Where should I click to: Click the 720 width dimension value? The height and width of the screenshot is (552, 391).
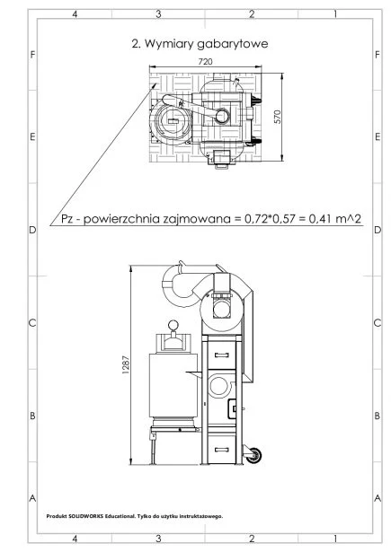coord(205,62)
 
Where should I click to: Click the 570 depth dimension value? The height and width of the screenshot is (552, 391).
coord(278,117)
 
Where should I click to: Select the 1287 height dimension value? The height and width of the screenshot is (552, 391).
coord(126,365)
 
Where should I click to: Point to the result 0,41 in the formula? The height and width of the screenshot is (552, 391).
coord(321,219)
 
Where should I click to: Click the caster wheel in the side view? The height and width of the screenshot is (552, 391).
coord(253,455)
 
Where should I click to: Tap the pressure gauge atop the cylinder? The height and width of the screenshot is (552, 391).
coord(173,325)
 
